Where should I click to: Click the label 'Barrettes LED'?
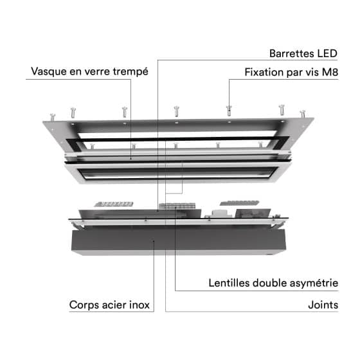[x=303, y=53]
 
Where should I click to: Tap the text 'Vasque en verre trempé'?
[x=89, y=71]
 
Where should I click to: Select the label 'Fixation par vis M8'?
[x=291, y=72]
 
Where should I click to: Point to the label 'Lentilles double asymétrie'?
[x=273, y=283]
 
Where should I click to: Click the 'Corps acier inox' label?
[x=109, y=305]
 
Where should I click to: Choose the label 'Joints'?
[x=323, y=305]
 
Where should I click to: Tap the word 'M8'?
[x=330, y=72]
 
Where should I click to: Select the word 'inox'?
[x=139, y=305]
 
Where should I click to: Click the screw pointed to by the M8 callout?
[x=229, y=111]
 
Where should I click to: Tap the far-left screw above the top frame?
[x=53, y=117]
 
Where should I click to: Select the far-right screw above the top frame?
[x=303, y=114]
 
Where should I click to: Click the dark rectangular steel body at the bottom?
[x=179, y=241]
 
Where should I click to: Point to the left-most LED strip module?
[x=114, y=204]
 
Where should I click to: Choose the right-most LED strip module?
[x=239, y=203]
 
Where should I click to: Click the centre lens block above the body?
[x=177, y=206]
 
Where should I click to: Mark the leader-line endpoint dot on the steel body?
[x=154, y=241]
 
